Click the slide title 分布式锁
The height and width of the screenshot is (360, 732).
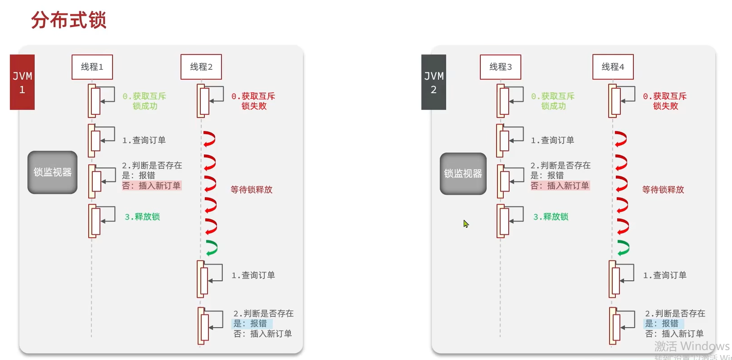tap(68, 20)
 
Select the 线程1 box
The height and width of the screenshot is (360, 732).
tap(92, 67)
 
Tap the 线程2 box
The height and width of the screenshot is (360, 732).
tap(201, 67)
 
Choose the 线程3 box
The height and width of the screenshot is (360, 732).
tap(501, 67)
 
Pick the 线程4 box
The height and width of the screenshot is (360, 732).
tap(613, 67)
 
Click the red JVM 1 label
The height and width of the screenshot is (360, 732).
tap(22, 82)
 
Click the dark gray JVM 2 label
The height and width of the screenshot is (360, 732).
tap(434, 82)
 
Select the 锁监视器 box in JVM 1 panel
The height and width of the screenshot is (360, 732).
tap(52, 172)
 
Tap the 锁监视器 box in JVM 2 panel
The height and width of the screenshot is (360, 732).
tap(463, 174)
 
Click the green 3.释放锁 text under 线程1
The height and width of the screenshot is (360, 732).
tap(142, 217)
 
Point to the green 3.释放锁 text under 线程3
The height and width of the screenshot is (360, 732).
tap(551, 217)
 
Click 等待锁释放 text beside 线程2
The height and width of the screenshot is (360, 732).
tap(252, 190)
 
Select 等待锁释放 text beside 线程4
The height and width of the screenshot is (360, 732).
tap(663, 190)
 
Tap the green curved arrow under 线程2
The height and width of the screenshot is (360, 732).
tap(211, 248)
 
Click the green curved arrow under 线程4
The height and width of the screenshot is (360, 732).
tap(623, 248)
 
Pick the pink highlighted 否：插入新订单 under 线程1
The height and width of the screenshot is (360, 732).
tap(151, 186)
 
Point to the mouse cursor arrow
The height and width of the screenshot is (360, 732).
tap(465, 223)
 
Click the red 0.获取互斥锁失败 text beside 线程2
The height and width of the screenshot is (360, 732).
tap(253, 101)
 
